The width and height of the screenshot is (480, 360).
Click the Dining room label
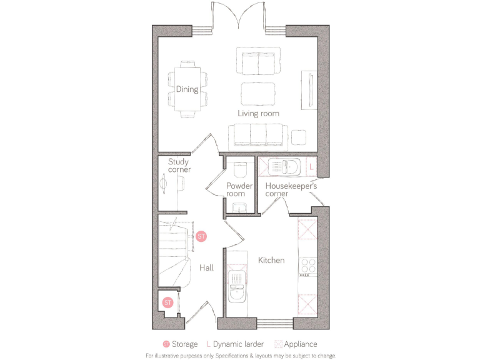[x=187, y=89]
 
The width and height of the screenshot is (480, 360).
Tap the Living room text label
[x=258, y=113]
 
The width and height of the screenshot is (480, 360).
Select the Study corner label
[x=179, y=166]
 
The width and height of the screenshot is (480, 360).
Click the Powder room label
[x=239, y=190]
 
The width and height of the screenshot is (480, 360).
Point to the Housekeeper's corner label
[x=291, y=190]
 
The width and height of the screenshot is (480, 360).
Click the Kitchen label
[x=271, y=260]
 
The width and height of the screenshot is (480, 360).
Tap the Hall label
[x=206, y=267]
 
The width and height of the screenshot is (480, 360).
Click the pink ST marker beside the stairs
[x=201, y=237]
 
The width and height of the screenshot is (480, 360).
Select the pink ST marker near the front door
[x=167, y=302]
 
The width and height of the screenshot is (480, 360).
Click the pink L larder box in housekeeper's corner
[x=311, y=167]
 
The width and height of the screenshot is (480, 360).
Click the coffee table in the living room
[x=257, y=94]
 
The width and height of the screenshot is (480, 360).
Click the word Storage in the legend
[x=184, y=344]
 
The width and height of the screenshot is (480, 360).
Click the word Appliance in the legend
[x=301, y=344]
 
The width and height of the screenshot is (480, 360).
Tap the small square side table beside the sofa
[x=299, y=136]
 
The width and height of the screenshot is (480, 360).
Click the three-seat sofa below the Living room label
[x=258, y=136]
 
